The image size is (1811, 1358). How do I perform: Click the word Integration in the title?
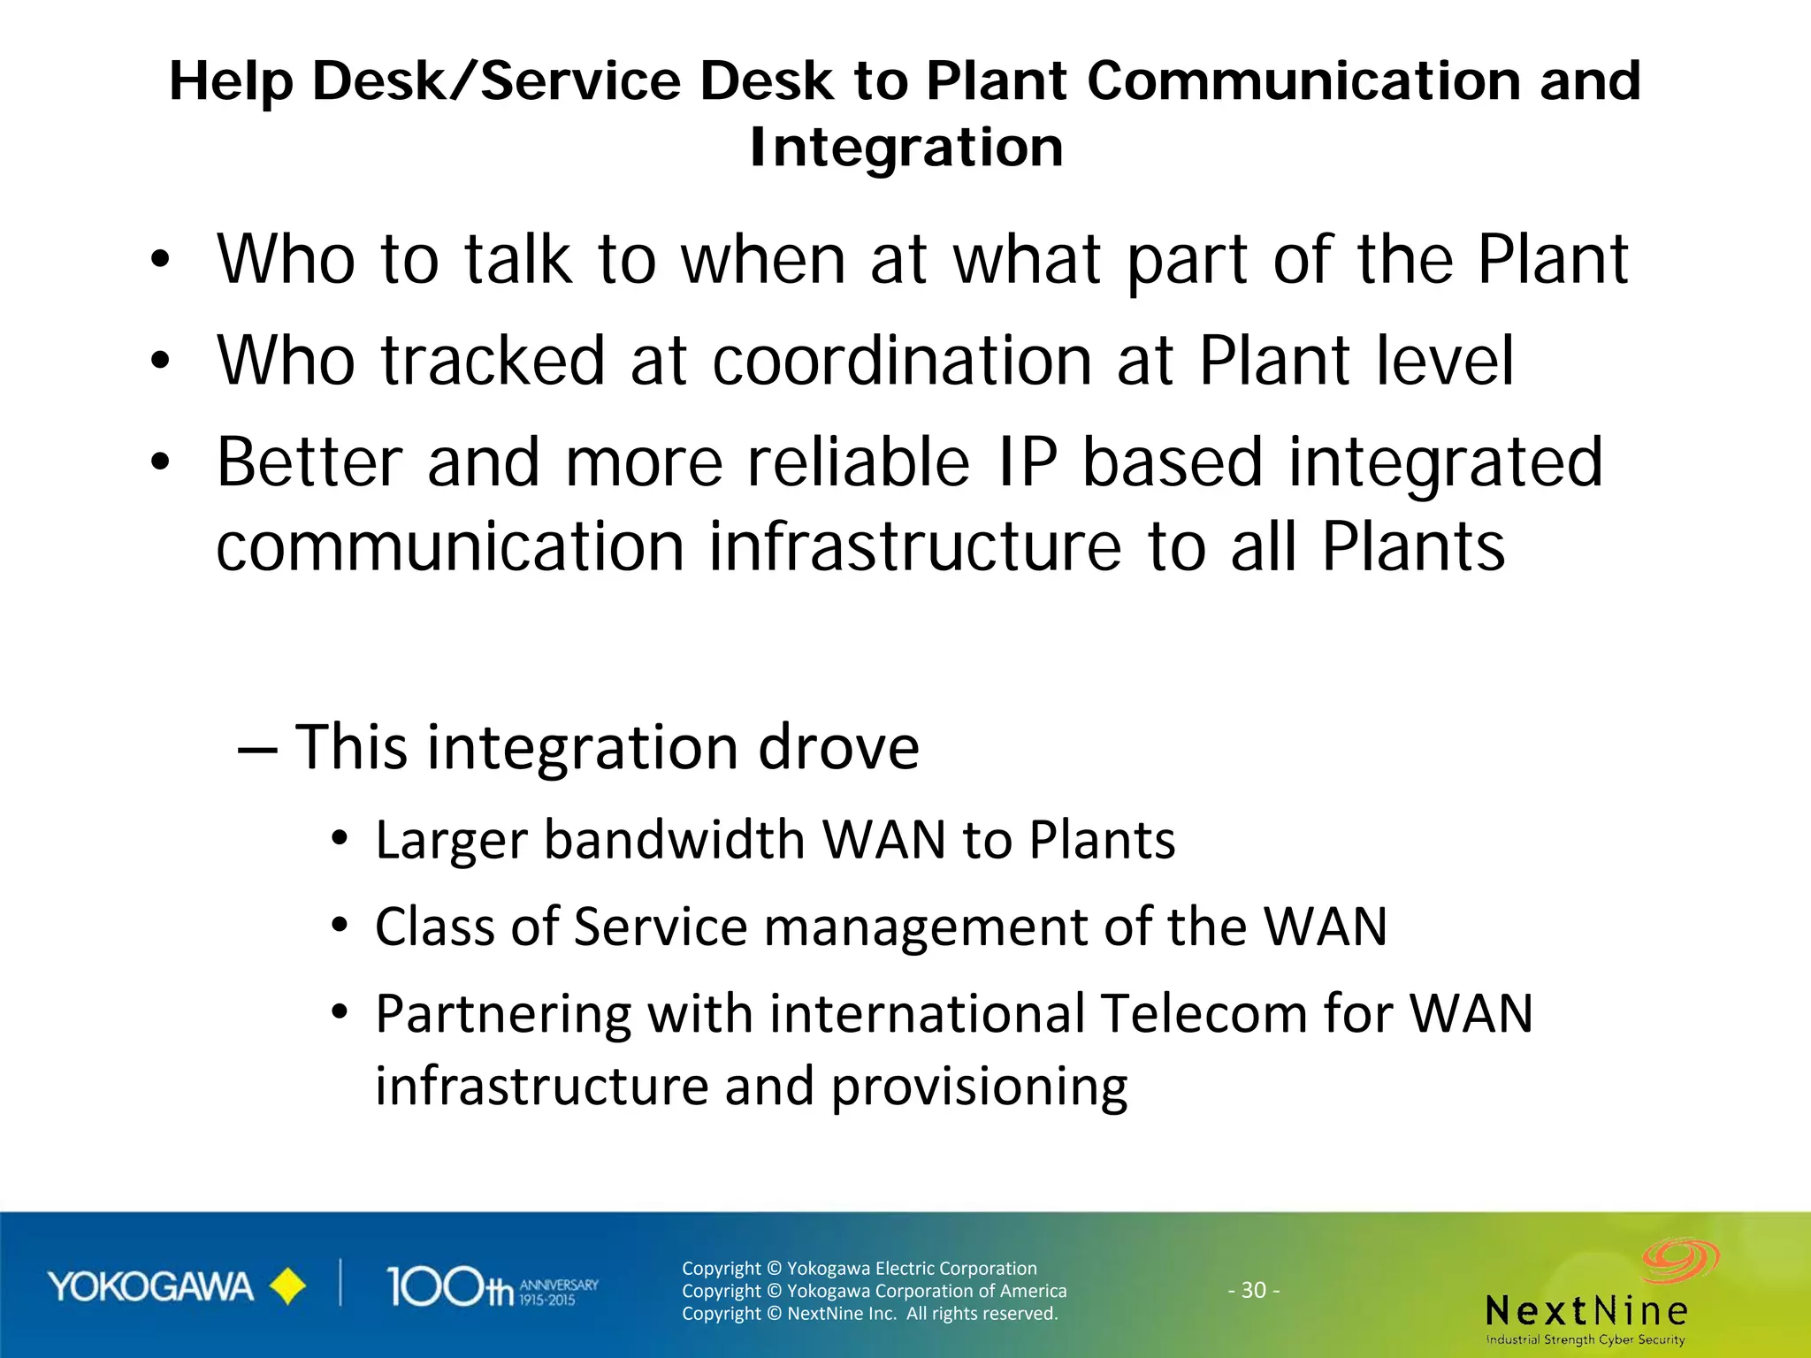coord(906,148)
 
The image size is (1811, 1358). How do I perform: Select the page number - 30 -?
coord(1253,1290)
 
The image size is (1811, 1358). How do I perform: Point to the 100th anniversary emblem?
coord(492,1287)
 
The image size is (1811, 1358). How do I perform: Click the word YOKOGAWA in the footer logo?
coord(150,1287)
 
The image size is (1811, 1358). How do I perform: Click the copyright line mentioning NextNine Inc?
coord(869,1313)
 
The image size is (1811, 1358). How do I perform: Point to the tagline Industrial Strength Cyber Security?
coord(1586,1339)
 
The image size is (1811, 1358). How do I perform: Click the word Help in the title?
coord(231,81)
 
